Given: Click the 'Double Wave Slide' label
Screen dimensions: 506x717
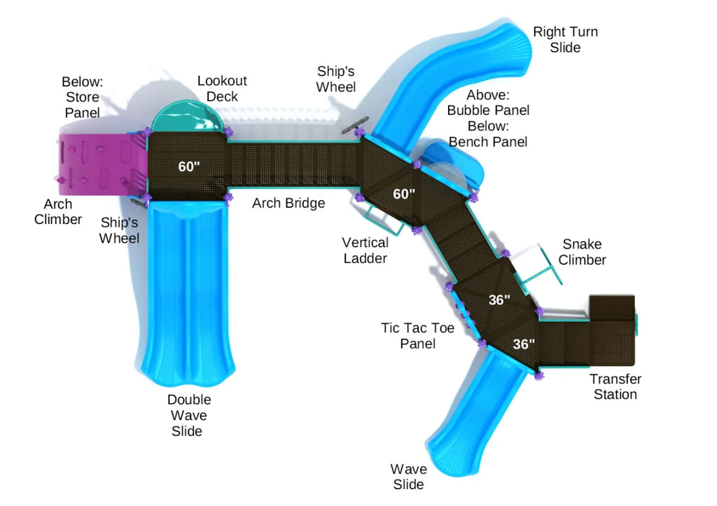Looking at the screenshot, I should [x=188, y=415].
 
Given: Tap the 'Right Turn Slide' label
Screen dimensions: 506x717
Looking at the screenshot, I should [x=565, y=40].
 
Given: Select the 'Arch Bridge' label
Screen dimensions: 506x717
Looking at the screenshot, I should [x=288, y=204].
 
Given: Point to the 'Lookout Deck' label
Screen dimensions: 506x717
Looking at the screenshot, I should [x=222, y=89].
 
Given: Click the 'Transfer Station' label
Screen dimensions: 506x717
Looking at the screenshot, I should [x=615, y=386].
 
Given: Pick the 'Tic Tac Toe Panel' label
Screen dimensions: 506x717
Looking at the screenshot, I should [x=418, y=335].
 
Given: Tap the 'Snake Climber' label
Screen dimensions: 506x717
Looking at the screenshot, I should [x=583, y=252].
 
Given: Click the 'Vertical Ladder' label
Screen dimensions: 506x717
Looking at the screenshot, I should [x=365, y=250].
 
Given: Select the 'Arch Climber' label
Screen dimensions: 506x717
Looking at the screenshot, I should [x=62, y=212].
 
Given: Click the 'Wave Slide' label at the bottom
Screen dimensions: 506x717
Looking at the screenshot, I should [x=408, y=477].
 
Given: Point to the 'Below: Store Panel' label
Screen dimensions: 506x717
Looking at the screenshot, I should [x=81, y=97].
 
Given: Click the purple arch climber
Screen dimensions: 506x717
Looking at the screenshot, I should [x=98, y=165].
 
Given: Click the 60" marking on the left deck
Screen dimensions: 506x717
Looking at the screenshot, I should [x=189, y=167].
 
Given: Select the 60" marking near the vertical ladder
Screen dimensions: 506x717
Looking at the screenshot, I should [x=404, y=194].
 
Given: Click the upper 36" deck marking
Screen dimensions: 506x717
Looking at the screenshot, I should [x=499, y=300].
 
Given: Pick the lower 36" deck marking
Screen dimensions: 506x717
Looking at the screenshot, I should [x=524, y=344].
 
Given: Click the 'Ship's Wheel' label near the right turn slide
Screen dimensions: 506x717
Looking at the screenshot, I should [x=336, y=79].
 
